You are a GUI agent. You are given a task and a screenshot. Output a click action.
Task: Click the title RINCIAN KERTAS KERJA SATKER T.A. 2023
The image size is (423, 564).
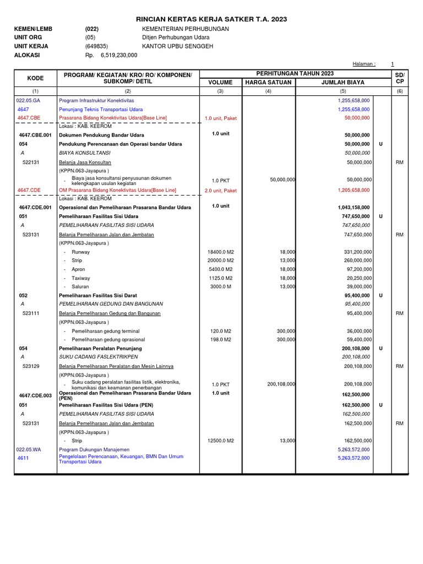tap(211, 19)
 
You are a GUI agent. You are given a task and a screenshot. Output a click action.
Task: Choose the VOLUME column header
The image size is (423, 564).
tap(220, 83)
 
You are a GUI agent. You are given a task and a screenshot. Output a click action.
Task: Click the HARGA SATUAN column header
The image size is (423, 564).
tap(268, 83)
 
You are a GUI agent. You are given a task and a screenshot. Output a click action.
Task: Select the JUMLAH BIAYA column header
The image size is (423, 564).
tap(343, 83)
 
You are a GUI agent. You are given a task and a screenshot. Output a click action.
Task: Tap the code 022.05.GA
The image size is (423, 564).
tap(28, 101)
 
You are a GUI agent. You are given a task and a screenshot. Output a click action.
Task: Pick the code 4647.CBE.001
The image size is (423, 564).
tap(35, 135)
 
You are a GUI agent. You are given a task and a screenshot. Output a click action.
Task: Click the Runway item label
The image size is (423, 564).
tap(80, 252)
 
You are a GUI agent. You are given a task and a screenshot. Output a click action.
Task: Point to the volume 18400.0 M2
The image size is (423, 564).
tap(220, 252)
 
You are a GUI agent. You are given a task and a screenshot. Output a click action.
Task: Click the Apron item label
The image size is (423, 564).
tap(78, 269)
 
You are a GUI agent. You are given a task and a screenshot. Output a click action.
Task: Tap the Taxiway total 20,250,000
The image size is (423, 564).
tap(359, 278)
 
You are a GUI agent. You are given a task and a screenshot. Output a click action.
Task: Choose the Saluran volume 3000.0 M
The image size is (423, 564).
tap(220, 287)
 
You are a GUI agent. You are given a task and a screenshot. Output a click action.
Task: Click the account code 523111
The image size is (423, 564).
tap(31, 313)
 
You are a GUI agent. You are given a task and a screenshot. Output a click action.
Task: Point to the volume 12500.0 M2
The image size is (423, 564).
tap(220, 441)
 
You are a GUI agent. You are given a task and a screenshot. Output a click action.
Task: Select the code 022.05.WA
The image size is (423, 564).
tap(29, 449)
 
